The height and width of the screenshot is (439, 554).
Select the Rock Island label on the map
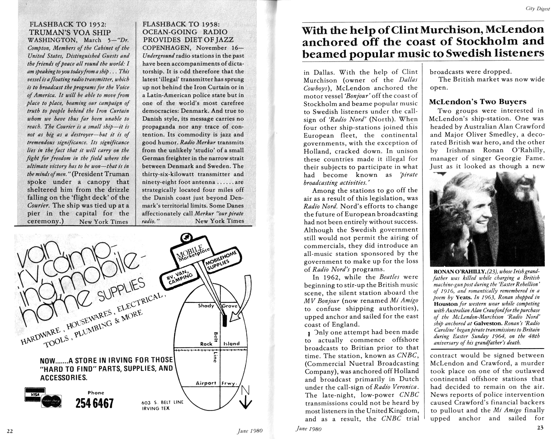pos(220,344)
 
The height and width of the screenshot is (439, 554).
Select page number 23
pos(540,428)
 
